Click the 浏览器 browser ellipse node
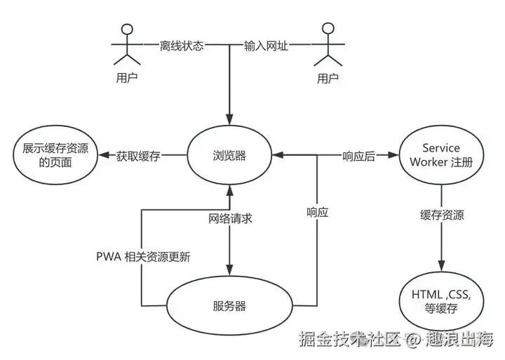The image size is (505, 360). coord(229,156)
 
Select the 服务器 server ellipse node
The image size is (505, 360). coord(229,306)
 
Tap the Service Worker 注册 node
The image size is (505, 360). coord(441,155)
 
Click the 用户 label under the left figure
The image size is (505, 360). coord(127,78)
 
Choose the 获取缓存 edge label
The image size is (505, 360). coord(138,156)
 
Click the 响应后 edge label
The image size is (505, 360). coord(358,156)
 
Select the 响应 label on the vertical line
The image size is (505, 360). coord(317,211)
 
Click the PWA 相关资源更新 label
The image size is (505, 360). coord(143,257)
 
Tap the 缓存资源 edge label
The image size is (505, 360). coord(441,215)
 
